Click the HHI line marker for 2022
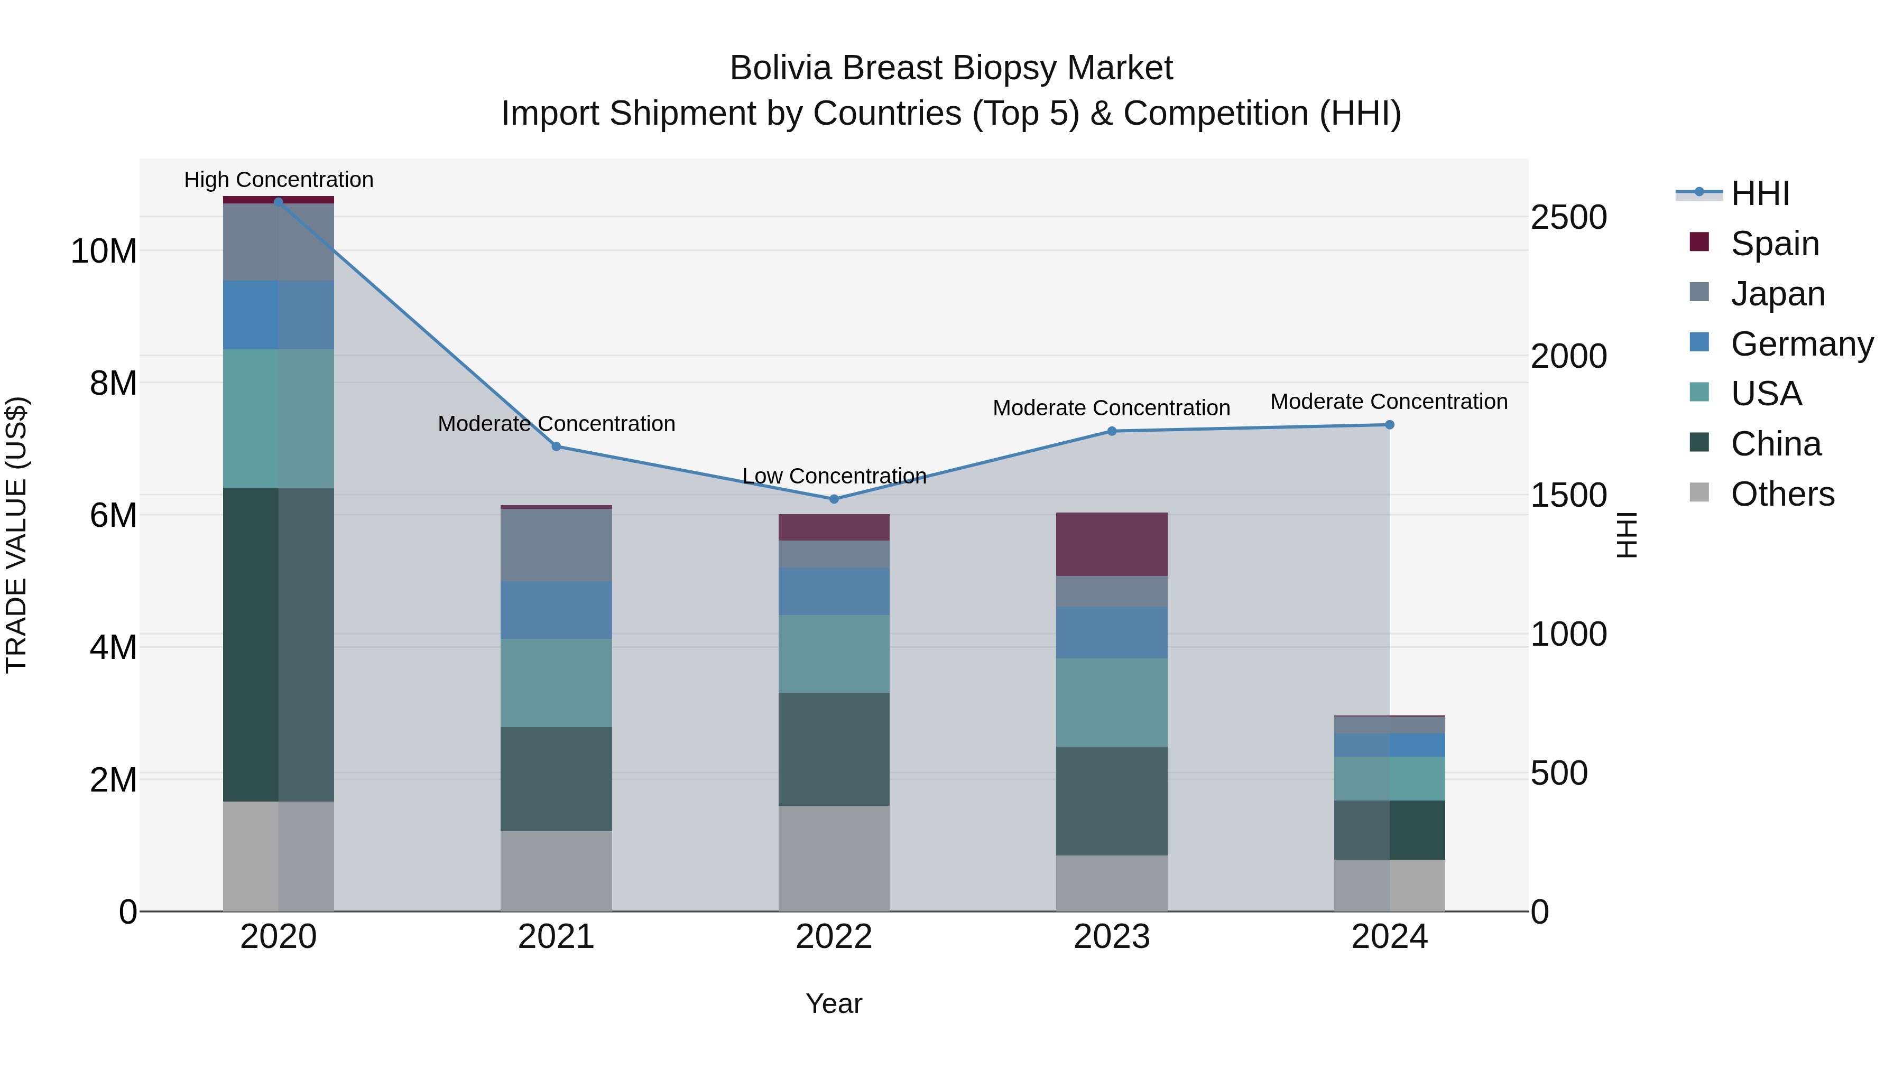tap(834, 499)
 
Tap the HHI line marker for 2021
tap(556, 446)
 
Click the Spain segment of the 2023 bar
tap(1111, 544)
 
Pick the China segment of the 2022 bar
tap(834, 749)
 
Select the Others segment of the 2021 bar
tap(556, 871)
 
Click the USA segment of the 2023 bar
tap(1111, 702)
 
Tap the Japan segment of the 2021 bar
tap(556, 545)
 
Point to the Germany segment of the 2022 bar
tap(834, 591)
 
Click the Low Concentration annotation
tap(834, 476)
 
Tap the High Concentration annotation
tap(279, 180)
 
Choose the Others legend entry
tap(1782, 494)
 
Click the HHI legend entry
tap(1760, 193)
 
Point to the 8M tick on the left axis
tap(113, 383)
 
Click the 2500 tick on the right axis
tap(1568, 217)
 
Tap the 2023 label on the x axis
tap(1111, 937)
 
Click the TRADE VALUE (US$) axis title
tap(17, 535)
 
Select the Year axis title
tap(834, 1003)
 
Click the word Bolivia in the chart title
tap(780, 68)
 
